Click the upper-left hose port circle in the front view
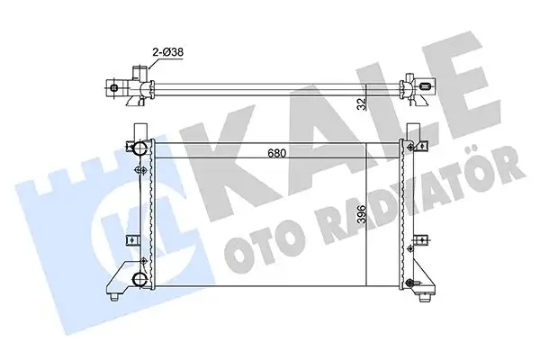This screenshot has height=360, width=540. point(139,148)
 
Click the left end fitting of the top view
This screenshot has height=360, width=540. point(115,88)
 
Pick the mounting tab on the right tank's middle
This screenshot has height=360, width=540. point(421,239)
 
